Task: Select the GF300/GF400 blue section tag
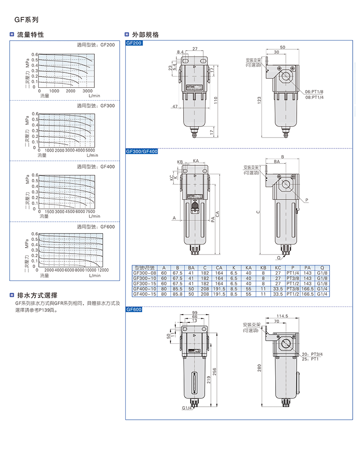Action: pos(141,151)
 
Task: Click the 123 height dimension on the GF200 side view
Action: pos(259,99)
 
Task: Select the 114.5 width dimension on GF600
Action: pos(283,316)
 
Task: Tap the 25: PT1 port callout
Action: pos(312,359)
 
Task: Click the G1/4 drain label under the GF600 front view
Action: pos(187,408)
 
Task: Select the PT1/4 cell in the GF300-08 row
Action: pos(293,273)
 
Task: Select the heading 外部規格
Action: pos(145,35)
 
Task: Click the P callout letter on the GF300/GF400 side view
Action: pos(307,200)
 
